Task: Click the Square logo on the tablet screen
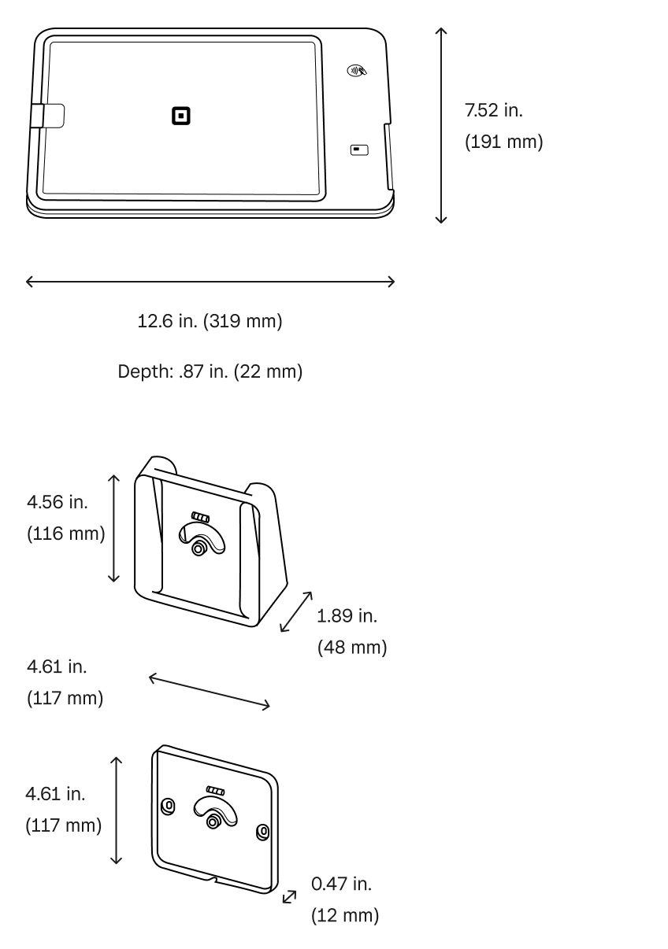(x=182, y=116)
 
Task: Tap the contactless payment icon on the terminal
(x=357, y=71)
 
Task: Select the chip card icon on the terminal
(x=359, y=149)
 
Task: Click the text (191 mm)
(x=503, y=143)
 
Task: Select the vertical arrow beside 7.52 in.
(x=441, y=125)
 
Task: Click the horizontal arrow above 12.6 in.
(x=210, y=282)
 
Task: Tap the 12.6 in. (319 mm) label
(x=210, y=322)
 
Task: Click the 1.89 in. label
(x=347, y=615)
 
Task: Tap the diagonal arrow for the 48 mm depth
(x=296, y=611)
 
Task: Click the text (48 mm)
(x=351, y=648)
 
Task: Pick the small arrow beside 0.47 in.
(x=290, y=896)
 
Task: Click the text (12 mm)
(x=344, y=916)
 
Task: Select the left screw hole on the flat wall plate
(x=167, y=805)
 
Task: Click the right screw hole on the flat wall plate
(x=263, y=831)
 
